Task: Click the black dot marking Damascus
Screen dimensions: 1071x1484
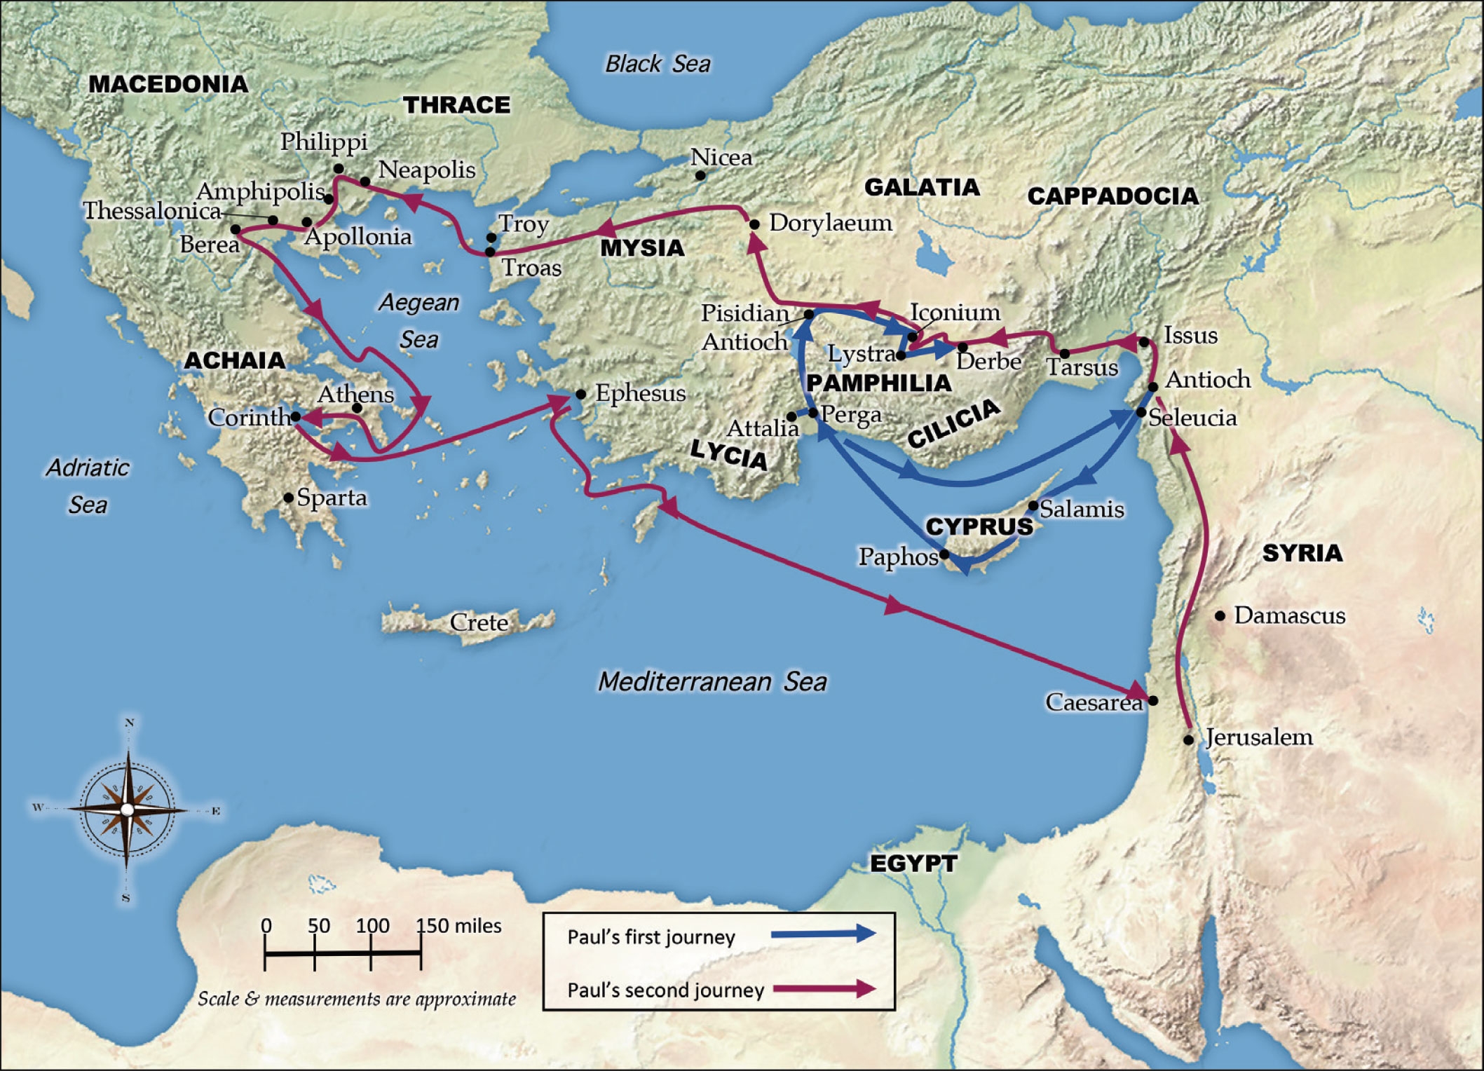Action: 1220,616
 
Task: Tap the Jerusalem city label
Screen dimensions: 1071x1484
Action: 1259,737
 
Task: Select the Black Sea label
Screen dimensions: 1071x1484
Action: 658,64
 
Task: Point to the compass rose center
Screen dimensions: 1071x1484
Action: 127,810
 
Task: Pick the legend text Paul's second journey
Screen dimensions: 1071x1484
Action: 665,990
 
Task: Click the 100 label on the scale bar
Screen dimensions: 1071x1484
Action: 372,926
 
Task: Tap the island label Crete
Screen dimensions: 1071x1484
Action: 479,622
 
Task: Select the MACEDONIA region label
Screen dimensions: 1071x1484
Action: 168,84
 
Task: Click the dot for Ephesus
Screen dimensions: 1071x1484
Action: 580,395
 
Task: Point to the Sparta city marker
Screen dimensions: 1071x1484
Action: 288,498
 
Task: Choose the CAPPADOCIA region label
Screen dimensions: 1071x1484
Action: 1112,196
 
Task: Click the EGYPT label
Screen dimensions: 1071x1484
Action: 913,864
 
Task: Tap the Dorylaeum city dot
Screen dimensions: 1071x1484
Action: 754,225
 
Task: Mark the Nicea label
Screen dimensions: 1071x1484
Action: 721,158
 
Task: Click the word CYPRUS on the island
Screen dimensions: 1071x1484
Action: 979,526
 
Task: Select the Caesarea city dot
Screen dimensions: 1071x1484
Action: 1153,700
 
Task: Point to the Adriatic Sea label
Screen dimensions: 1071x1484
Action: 88,486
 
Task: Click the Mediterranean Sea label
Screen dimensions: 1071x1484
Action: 712,681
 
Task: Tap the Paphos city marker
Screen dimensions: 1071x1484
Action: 944,554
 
